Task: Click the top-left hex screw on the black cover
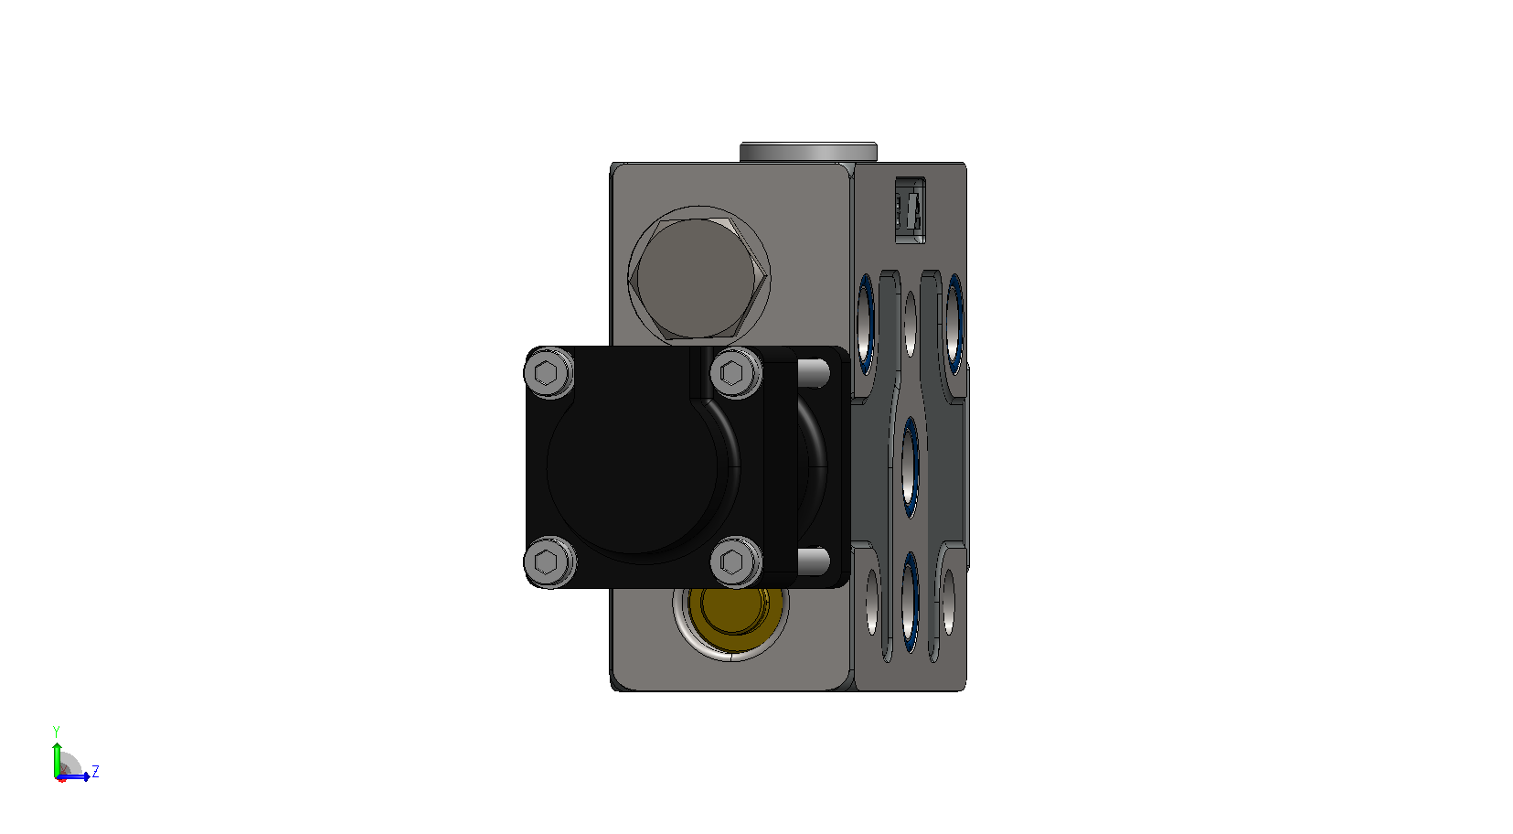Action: (549, 372)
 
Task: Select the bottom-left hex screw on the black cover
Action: (549, 561)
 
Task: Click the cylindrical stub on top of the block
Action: (808, 152)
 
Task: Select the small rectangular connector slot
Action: (910, 210)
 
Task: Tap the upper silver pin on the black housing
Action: (814, 373)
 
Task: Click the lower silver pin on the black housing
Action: (814, 561)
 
